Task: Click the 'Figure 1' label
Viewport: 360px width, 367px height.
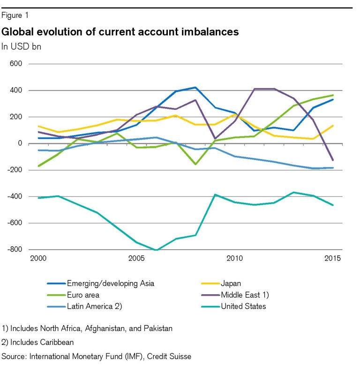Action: tap(15, 15)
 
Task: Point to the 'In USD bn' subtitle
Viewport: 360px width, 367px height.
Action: tap(21, 46)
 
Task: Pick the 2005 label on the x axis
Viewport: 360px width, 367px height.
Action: tap(136, 259)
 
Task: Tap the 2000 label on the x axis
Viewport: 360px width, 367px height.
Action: tap(38, 259)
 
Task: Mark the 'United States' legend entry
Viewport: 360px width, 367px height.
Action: tap(243, 306)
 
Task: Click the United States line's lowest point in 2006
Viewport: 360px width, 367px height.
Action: tap(156, 250)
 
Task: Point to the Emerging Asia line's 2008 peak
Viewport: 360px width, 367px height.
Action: tap(195, 87)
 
